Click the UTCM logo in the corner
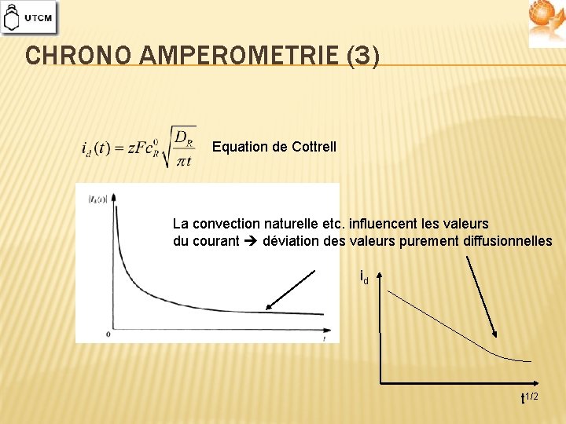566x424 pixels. pyautogui.click(x=29, y=17)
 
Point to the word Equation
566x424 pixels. pyautogui.click(x=238, y=147)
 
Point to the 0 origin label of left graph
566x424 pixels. pyautogui.click(x=108, y=334)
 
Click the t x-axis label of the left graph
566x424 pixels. pyautogui.click(x=324, y=338)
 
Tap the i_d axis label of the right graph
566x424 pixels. pyautogui.click(x=364, y=277)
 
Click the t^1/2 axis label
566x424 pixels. pyautogui.click(x=529, y=397)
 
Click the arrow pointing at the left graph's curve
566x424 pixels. pyautogui.click(x=290, y=290)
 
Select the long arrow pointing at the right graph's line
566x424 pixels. pyautogui.click(x=481, y=294)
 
